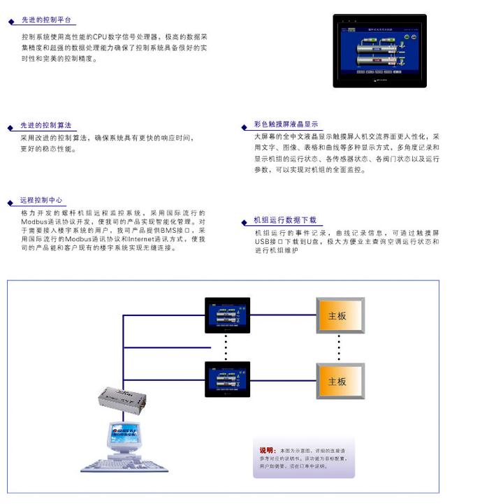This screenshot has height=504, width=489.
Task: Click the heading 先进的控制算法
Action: click(x=45, y=125)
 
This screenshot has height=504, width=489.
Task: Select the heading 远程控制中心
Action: click(x=41, y=200)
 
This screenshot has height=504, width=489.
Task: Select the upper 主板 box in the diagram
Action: click(x=339, y=316)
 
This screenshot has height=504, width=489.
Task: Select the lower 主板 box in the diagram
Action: click(x=339, y=382)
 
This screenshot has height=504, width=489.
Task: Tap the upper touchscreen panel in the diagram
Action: click(x=227, y=315)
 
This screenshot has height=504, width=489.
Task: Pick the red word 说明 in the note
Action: click(x=267, y=450)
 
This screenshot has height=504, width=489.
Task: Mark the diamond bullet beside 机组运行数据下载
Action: click(x=245, y=222)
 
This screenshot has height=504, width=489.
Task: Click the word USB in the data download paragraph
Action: click(x=264, y=241)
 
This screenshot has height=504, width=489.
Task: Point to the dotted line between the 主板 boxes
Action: click(x=339, y=349)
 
